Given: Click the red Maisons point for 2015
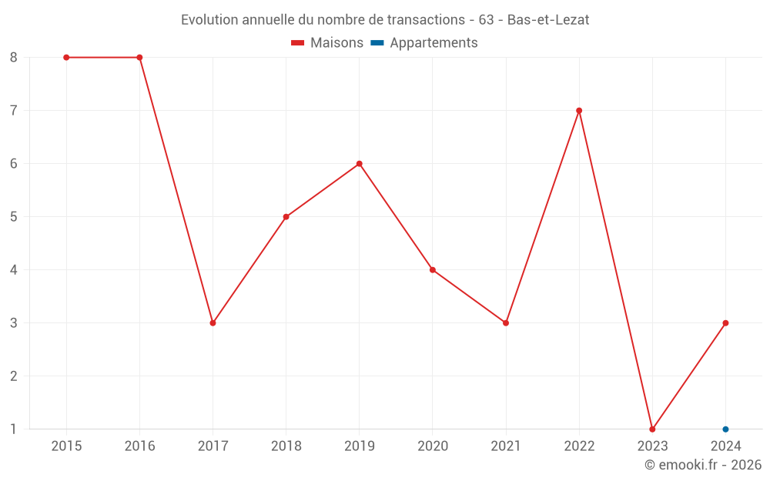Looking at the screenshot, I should (x=66, y=58).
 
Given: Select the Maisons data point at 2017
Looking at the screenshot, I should (x=213, y=323).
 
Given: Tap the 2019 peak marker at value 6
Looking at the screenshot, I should (x=359, y=164).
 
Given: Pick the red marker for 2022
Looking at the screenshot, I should (x=579, y=111).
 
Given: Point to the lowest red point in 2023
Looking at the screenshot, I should (x=652, y=429).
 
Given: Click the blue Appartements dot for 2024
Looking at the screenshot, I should (x=725, y=429).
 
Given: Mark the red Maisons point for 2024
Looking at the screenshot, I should (x=725, y=323).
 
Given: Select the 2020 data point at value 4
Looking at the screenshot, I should (x=432, y=270).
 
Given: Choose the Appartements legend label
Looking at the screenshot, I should (x=434, y=43).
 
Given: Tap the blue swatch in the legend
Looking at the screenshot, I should (x=377, y=43).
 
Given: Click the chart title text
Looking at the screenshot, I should (x=385, y=20).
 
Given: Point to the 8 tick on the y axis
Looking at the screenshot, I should (x=14, y=58).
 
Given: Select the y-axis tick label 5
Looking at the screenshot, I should (x=14, y=217).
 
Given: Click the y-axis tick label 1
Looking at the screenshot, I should (x=14, y=429).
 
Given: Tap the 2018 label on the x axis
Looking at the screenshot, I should (x=286, y=446).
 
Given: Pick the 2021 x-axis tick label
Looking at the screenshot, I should (x=505, y=446).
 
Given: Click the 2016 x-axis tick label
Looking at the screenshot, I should (x=139, y=446).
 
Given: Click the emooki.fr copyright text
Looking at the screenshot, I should (x=702, y=465).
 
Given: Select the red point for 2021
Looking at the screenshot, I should (x=505, y=323).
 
